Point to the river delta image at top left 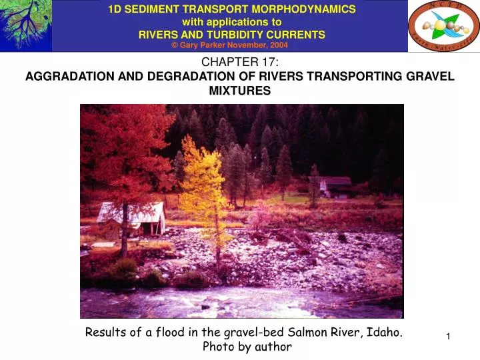[25, 25]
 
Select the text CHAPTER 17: [240, 63]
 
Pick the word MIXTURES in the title [240, 91]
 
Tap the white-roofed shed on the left [131, 217]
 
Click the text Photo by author [247, 347]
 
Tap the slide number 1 [449, 339]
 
